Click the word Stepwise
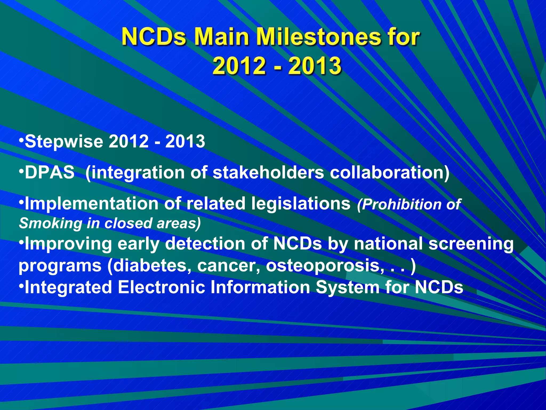(64, 141)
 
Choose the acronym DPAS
(50, 172)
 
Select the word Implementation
(91, 204)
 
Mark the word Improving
(68, 244)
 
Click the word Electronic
(161, 287)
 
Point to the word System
(348, 288)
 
